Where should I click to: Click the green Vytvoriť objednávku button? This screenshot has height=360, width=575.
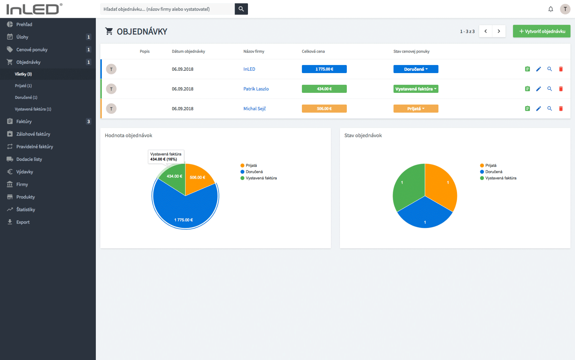point(541,31)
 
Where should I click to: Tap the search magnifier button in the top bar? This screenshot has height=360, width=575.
point(241,9)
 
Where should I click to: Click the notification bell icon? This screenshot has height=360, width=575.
point(551,9)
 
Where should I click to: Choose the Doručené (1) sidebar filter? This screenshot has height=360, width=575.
point(26,98)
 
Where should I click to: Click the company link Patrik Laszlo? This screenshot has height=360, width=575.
point(256,89)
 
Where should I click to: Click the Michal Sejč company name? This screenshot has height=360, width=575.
point(255,109)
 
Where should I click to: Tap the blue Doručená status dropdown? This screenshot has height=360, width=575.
point(416,69)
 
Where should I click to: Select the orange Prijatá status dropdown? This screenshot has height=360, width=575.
point(416,109)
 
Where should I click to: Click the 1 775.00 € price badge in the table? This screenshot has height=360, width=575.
point(324,69)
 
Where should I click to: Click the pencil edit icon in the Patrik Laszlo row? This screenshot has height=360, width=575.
point(538,89)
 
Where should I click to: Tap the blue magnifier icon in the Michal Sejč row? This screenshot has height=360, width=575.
point(550,109)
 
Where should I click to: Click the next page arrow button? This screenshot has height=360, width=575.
point(499,31)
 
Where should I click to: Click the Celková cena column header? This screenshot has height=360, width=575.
point(313,51)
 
